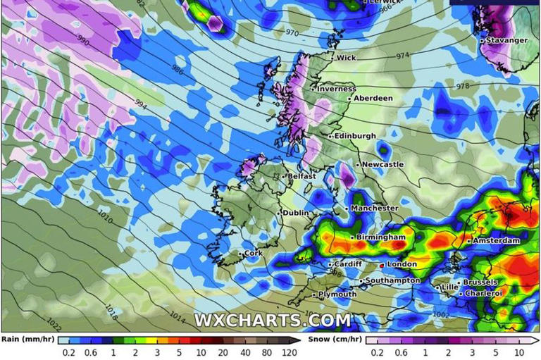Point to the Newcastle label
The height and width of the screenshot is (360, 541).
tap(383, 164)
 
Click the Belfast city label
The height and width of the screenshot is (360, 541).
tap(301, 176)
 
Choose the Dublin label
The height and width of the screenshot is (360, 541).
tap(297, 213)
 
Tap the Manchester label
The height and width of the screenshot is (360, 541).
tap(375, 208)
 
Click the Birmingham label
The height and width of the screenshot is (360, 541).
tap(381, 237)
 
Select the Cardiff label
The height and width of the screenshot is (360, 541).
tap(348, 264)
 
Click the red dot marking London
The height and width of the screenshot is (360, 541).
tap(382, 266)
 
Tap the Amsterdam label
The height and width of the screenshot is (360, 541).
tap(496, 241)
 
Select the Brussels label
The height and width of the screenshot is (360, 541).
tap(481, 283)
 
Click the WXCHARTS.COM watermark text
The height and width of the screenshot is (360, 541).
tap(272, 320)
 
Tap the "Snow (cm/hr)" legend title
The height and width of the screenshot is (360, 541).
tap(335, 339)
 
